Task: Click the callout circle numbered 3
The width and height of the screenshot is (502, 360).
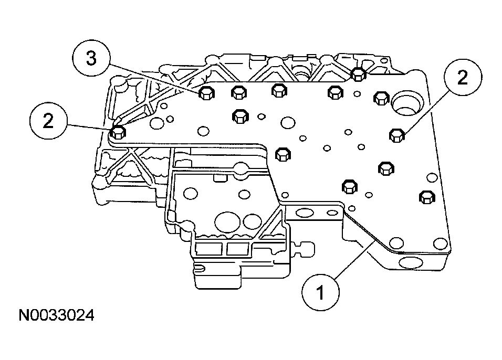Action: click(91, 59)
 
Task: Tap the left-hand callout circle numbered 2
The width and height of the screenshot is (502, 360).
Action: click(48, 122)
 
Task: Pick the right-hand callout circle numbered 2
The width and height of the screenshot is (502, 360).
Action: click(462, 78)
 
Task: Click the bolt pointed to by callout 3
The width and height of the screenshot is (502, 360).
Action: click(206, 94)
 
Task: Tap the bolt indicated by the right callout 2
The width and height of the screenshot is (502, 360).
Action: click(396, 135)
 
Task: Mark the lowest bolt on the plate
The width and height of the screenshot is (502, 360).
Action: click(426, 197)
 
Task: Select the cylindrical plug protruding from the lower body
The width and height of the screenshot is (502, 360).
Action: click(305, 246)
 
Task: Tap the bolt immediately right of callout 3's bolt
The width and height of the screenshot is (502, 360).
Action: click(239, 92)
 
